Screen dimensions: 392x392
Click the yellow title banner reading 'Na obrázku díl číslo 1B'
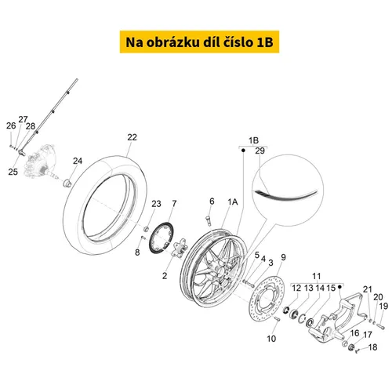(199, 42)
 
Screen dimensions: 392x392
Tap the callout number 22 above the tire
(132, 137)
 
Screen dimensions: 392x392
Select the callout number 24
(78, 161)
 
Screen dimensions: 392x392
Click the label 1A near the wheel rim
(233, 201)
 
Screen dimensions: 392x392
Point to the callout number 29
(260, 151)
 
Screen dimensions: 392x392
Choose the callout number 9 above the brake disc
(284, 257)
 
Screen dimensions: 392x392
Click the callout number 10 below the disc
(271, 339)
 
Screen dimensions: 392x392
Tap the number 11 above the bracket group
(317, 276)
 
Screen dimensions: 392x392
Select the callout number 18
(372, 347)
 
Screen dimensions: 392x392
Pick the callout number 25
(13, 172)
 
